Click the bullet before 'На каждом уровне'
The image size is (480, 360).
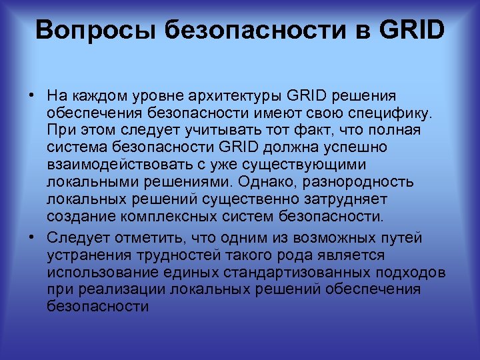coord(31,95)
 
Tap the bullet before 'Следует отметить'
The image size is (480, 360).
coord(31,237)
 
